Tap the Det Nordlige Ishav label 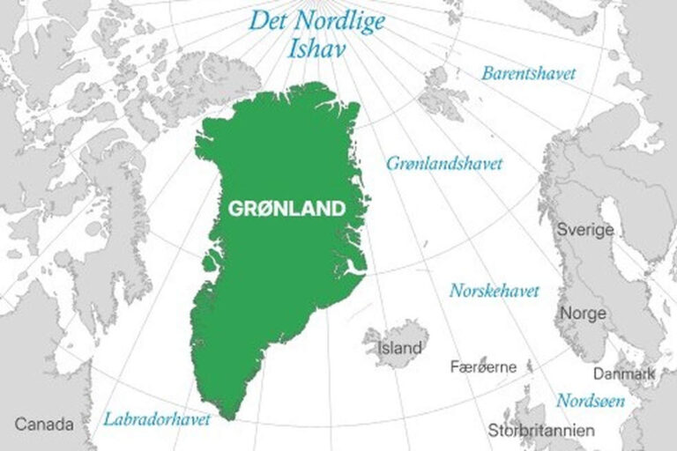317,33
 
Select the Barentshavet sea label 528,73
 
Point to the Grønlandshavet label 445,164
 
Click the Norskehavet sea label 495,290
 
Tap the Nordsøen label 591,401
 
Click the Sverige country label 584,230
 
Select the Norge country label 583,314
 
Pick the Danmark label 623,374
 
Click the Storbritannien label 541,431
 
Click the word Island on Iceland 399,349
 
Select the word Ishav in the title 316,47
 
